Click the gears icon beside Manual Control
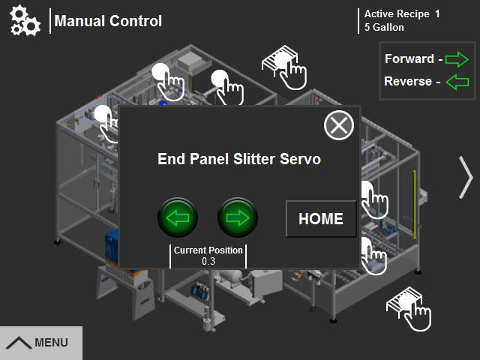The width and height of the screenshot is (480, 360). point(25,21)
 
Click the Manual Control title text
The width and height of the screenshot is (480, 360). point(108,21)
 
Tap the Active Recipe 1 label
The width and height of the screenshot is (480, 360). point(402,13)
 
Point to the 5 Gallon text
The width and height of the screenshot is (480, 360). point(384,28)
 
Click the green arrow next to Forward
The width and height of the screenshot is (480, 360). point(456,58)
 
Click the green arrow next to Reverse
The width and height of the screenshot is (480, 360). point(456,81)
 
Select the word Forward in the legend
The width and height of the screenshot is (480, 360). point(409,58)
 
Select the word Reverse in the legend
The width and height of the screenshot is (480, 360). point(407,81)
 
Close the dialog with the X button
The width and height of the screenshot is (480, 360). point(339,124)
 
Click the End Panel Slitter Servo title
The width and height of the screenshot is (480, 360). point(239,159)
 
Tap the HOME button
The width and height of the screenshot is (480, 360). point(321,219)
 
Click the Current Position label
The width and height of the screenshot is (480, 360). point(208,250)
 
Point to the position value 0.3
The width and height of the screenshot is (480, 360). point(208,262)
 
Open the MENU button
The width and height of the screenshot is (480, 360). point(40,343)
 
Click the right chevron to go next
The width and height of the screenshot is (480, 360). point(466,178)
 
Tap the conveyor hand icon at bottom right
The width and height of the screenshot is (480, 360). point(409,307)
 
